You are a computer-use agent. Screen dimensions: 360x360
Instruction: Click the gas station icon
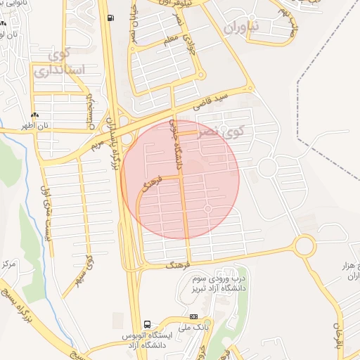[109, 18]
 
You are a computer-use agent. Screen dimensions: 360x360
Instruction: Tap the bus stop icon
[147, 324]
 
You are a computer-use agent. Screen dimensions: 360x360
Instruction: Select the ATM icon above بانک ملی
[194, 316]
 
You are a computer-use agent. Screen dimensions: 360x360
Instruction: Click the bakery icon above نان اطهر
[35, 115]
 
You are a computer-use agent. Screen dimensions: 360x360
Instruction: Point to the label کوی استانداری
[60, 63]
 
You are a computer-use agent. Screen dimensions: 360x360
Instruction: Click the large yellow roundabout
[304, 245]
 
